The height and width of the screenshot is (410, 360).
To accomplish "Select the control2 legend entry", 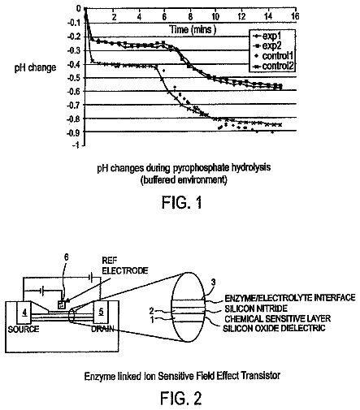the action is [273, 66].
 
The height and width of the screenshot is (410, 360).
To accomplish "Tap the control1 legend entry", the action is [273, 56].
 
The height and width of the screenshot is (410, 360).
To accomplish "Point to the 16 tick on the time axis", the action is [295, 16].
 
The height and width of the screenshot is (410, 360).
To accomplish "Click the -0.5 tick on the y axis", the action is [74, 78].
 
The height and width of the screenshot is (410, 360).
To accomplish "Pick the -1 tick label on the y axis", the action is [76, 145].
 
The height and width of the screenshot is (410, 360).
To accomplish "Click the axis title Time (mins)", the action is [193, 29].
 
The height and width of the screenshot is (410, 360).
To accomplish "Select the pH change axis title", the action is [35, 67].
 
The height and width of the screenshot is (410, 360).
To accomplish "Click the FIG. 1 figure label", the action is [182, 202].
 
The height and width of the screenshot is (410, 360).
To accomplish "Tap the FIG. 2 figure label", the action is [181, 398].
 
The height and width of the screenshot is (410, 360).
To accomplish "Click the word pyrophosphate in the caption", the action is [201, 168].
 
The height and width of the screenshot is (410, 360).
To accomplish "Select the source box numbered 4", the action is [24, 313].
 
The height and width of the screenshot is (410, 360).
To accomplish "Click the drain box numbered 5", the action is [101, 312].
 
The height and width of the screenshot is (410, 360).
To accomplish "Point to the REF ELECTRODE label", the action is [125, 265].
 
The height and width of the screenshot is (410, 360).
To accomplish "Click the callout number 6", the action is [66, 257].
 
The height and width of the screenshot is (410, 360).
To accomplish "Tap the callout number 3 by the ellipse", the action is [214, 283].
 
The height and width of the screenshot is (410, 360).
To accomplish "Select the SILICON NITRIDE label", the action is [256, 309].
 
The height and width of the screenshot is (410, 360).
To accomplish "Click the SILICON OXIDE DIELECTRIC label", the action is [274, 328].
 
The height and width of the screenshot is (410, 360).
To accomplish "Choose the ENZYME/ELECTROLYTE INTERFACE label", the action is [290, 298].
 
